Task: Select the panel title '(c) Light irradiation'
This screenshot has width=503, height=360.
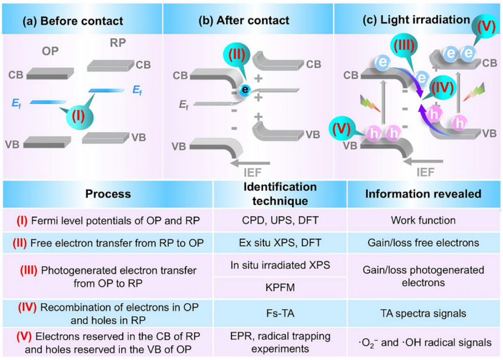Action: (x=416, y=19)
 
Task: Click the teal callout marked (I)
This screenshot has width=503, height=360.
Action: (x=78, y=113)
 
